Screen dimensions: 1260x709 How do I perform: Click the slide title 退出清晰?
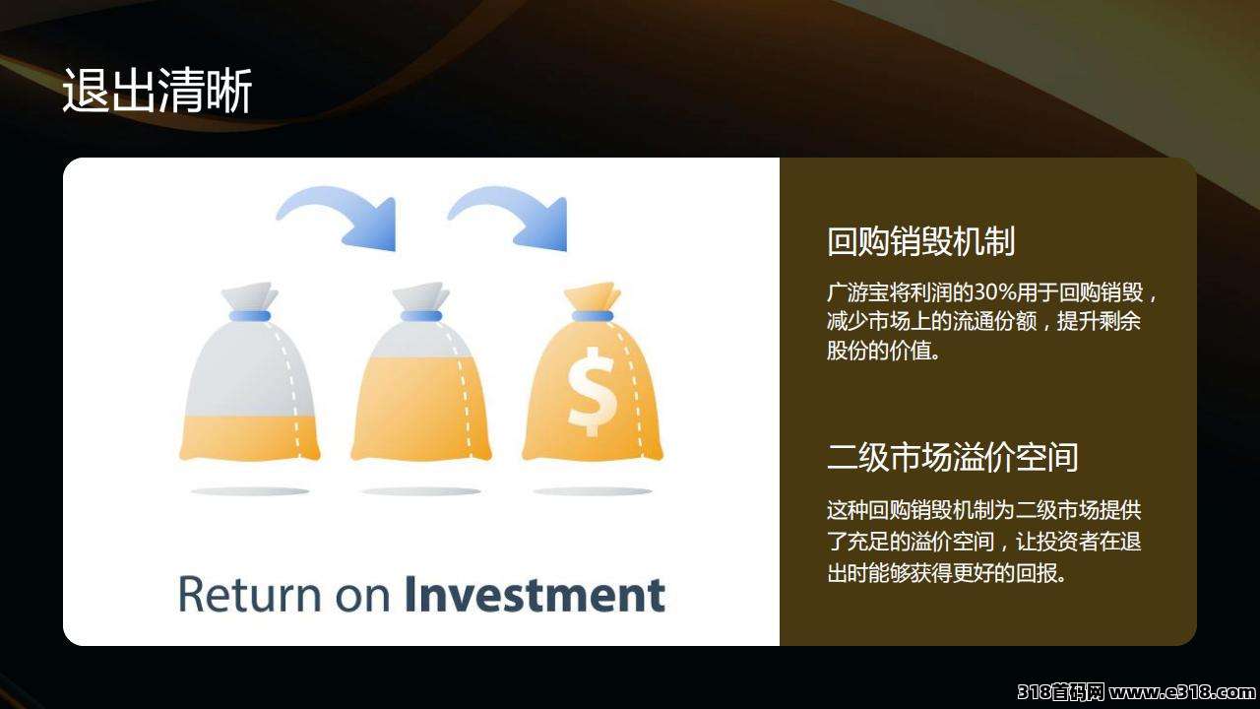pyautogui.click(x=157, y=90)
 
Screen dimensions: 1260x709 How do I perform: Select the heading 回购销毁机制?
pyautogui.click(x=920, y=241)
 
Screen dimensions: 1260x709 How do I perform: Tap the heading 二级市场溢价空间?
pyautogui.click(x=952, y=457)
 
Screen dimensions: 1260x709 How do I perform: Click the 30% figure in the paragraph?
pyautogui.click(x=995, y=292)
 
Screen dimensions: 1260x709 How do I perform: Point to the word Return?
pyautogui.click(x=250, y=594)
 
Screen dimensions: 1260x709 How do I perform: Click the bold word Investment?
pyautogui.click(x=535, y=594)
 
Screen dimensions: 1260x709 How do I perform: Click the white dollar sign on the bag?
pyautogui.click(x=592, y=392)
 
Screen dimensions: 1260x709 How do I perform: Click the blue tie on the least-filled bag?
pyautogui.click(x=250, y=316)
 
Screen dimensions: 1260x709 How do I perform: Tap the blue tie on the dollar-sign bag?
pyautogui.click(x=593, y=316)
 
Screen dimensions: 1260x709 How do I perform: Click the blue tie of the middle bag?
pyautogui.click(x=421, y=316)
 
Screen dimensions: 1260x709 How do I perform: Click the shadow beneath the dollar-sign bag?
pyautogui.click(x=593, y=491)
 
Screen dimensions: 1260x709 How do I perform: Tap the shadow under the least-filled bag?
pyautogui.click(x=250, y=491)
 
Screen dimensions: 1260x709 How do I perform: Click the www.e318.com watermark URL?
pyautogui.click(x=1182, y=691)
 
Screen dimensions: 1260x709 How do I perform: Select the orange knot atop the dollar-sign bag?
pyautogui.click(x=593, y=296)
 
